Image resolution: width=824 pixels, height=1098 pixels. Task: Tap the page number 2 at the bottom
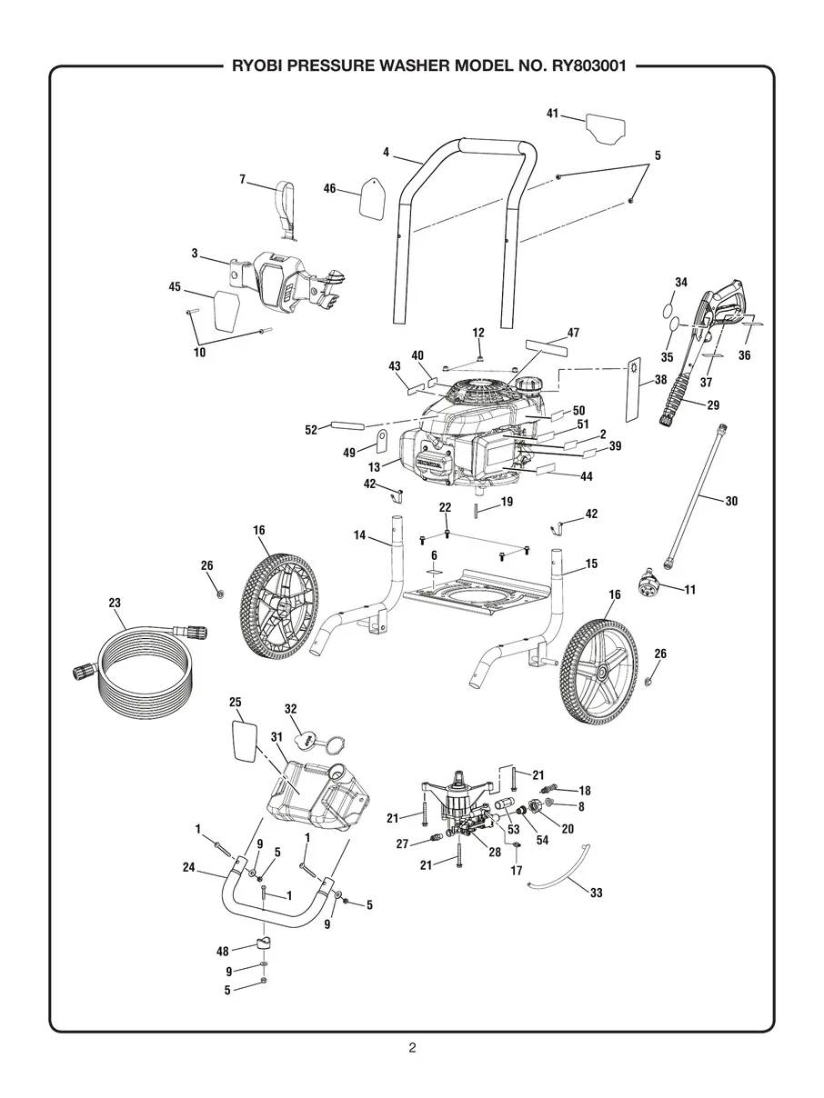point(412,1048)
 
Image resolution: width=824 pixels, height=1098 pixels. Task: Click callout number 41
point(552,113)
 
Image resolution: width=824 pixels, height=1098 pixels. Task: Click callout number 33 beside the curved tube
point(596,893)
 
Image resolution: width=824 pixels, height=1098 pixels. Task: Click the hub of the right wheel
point(603,672)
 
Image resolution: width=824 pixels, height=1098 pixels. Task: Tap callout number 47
point(573,333)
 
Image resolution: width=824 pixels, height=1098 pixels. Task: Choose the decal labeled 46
point(371,197)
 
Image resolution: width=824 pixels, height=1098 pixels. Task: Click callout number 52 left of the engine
point(312,428)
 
